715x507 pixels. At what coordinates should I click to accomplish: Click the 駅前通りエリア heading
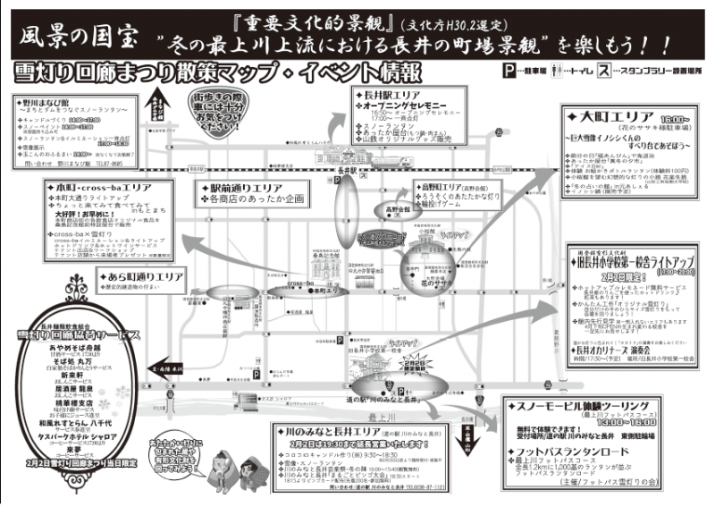[x=246, y=187]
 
